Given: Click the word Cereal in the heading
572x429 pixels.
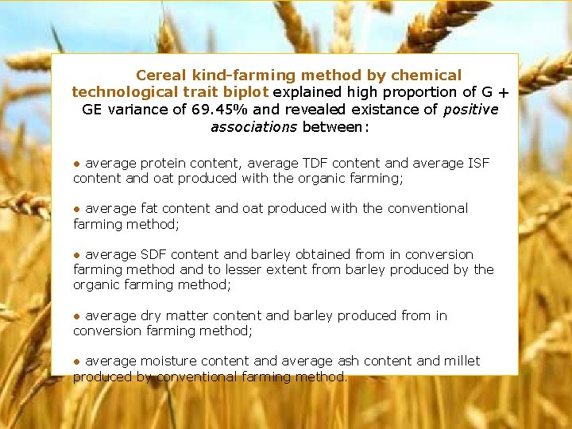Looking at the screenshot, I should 159,75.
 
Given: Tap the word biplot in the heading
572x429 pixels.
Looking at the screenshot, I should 247,92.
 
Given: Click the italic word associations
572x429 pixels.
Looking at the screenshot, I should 253,127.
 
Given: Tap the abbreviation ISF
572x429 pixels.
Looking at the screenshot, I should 477,163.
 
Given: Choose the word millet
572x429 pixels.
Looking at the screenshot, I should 461,361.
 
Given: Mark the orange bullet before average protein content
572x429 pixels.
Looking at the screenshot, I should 77,164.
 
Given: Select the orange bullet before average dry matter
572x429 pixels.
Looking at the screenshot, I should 77,316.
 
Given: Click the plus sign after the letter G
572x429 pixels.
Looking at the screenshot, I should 504,93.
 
